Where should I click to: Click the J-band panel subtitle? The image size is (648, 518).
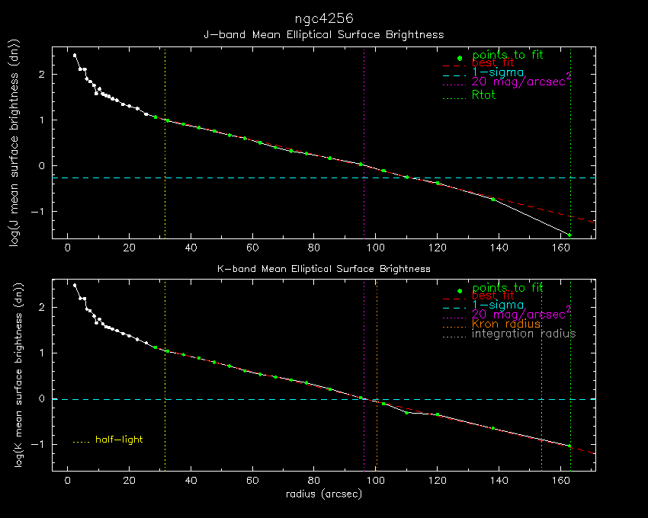coord(323,34)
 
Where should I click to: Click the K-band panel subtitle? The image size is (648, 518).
coord(323,269)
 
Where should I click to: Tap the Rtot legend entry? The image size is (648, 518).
coord(484,95)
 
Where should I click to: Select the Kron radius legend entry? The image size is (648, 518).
coord(506,324)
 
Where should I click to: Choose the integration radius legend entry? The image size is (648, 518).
coord(524,334)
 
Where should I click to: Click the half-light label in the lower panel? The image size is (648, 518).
coord(119,440)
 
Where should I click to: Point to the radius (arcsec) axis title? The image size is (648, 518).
coord(323,494)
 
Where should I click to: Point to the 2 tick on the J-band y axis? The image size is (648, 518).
coord(43,75)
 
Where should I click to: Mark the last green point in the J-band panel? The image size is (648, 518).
coord(569,235)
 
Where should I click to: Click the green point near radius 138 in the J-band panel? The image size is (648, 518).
coord(492,199)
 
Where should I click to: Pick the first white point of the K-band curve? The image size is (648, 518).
coord(75,285)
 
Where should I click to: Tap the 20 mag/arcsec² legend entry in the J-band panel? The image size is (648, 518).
coord(521,82)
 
